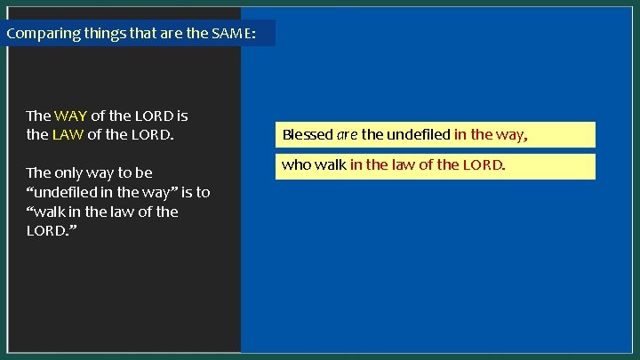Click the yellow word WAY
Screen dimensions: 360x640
[69, 116]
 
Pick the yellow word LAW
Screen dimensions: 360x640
[68, 136]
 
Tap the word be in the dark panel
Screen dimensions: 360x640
[143, 172]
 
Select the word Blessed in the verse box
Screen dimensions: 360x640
[308, 135]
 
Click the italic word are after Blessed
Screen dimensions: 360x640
[347, 135]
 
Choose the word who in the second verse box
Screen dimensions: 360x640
[296, 165]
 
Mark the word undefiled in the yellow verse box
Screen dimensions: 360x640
[418, 135]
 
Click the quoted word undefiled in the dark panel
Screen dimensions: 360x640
[69, 192]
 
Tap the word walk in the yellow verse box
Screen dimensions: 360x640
[331, 165]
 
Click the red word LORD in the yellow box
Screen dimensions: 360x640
[484, 165]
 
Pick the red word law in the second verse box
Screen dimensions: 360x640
[407, 165]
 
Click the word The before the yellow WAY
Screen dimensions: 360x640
[38, 116]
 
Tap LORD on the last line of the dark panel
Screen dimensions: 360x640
[45, 231]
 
